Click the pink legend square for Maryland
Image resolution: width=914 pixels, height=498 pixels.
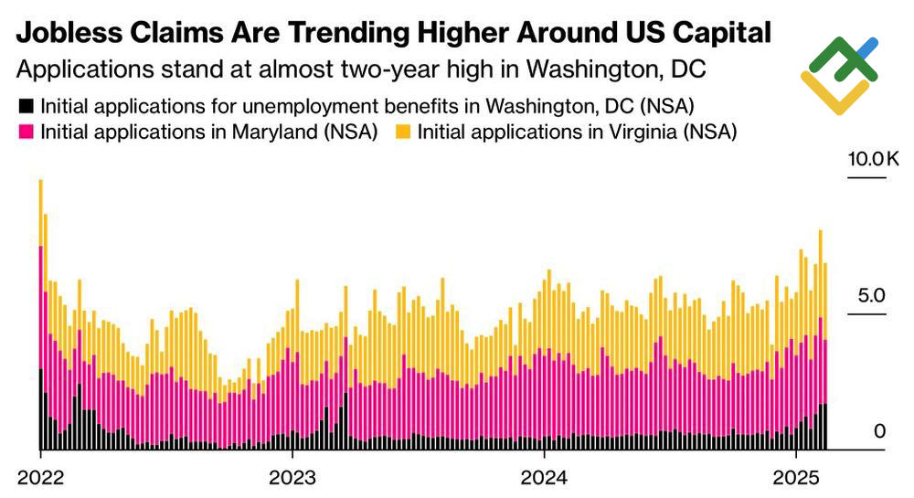26,132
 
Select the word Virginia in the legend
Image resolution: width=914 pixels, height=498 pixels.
622,132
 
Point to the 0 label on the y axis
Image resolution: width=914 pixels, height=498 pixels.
879,430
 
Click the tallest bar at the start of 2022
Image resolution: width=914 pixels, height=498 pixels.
41,320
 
